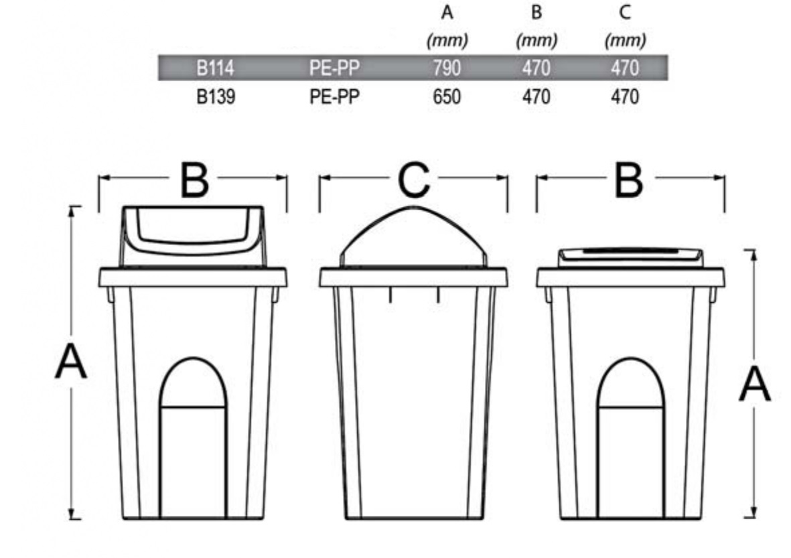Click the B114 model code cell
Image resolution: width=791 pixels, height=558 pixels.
click(x=216, y=68)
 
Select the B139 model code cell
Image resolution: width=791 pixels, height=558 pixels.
click(x=216, y=96)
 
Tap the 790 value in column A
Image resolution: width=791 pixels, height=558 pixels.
click(x=447, y=68)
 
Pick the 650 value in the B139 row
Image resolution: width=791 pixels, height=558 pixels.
click(x=447, y=96)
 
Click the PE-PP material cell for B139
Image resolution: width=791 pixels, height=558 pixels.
click(x=334, y=96)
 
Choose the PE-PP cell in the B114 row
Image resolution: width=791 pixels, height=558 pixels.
click(x=334, y=68)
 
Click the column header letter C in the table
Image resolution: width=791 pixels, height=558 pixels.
click(x=625, y=12)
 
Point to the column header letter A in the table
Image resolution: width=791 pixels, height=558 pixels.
click(x=447, y=12)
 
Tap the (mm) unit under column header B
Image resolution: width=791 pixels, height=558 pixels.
click(x=536, y=40)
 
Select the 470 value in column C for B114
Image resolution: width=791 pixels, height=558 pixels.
click(x=625, y=68)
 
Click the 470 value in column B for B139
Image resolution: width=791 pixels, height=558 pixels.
click(x=536, y=96)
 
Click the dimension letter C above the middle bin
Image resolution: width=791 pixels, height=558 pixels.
click(x=414, y=180)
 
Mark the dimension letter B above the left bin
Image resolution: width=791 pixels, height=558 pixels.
click(x=194, y=180)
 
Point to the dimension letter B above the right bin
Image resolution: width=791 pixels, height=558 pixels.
click(x=628, y=180)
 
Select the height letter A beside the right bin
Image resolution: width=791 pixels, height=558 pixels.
click(x=755, y=385)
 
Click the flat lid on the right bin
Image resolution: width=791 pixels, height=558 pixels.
click(x=630, y=257)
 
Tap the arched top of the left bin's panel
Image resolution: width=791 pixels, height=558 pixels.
click(x=193, y=359)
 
